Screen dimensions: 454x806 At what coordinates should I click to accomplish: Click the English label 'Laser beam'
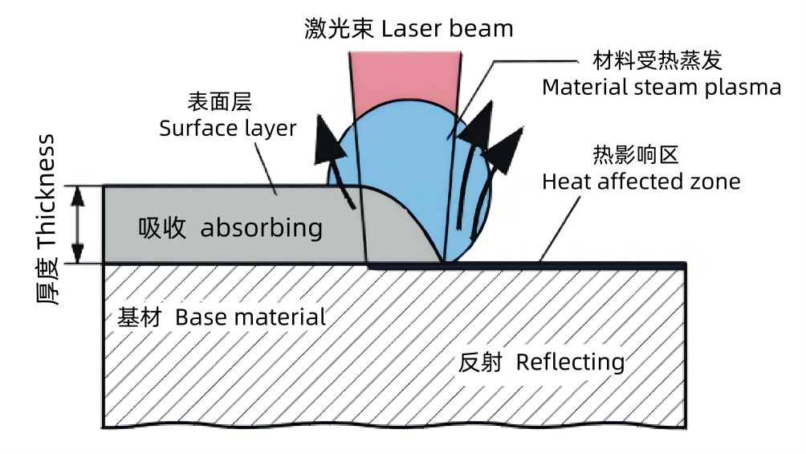tap(447, 29)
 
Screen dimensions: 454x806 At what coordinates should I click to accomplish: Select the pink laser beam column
tap(406, 77)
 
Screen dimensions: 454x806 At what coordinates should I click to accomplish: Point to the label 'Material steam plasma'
tap(661, 87)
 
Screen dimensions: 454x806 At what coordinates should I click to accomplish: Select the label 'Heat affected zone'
tap(641, 182)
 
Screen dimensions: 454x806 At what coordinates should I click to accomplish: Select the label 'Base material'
tap(250, 317)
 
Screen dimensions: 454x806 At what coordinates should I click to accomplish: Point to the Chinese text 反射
tap(480, 362)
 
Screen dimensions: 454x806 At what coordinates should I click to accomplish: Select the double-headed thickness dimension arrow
tap(78, 225)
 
